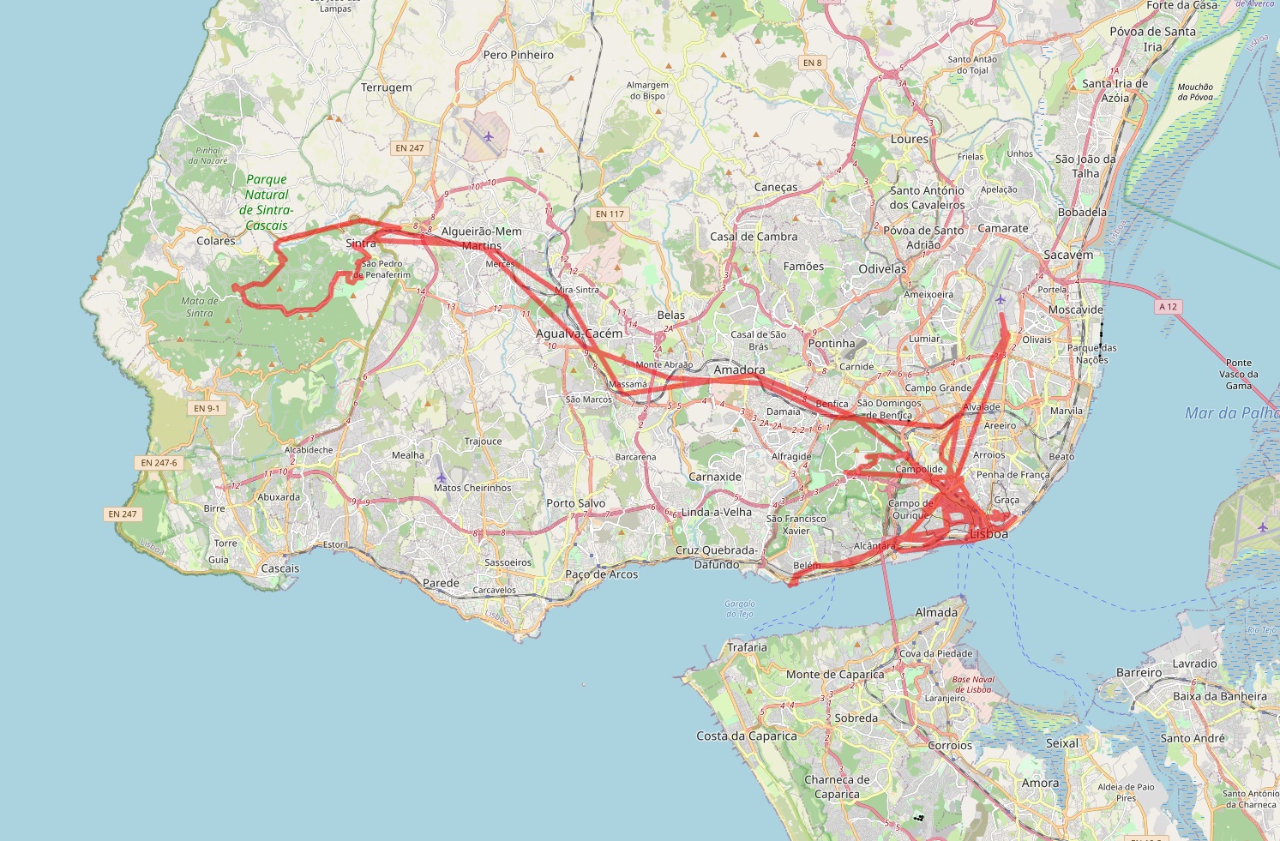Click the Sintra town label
(x=361, y=243)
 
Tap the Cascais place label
(x=280, y=568)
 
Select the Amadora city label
(x=739, y=370)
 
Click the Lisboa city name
(x=989, y=533)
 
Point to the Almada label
(x=936, y=612)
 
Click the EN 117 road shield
(x=610, y=213)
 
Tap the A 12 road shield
(x=1168, y=306)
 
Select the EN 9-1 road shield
(x=207, y=408)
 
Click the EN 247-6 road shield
(x=159, y=463)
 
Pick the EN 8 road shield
(x=812, y=63)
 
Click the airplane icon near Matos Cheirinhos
(x=442, y=477)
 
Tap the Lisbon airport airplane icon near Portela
(x=1001, y=299)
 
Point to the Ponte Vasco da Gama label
(x=1239, y=374)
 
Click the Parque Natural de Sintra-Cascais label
(x=267, y=202)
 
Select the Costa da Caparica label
(x=747, y=736)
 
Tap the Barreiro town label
(x=1139, y=673)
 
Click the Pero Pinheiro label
(x=519, y=55)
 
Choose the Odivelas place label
(x=882, y=268)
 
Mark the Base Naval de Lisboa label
(x=973, y=684)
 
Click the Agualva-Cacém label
(x=580, y=333)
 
